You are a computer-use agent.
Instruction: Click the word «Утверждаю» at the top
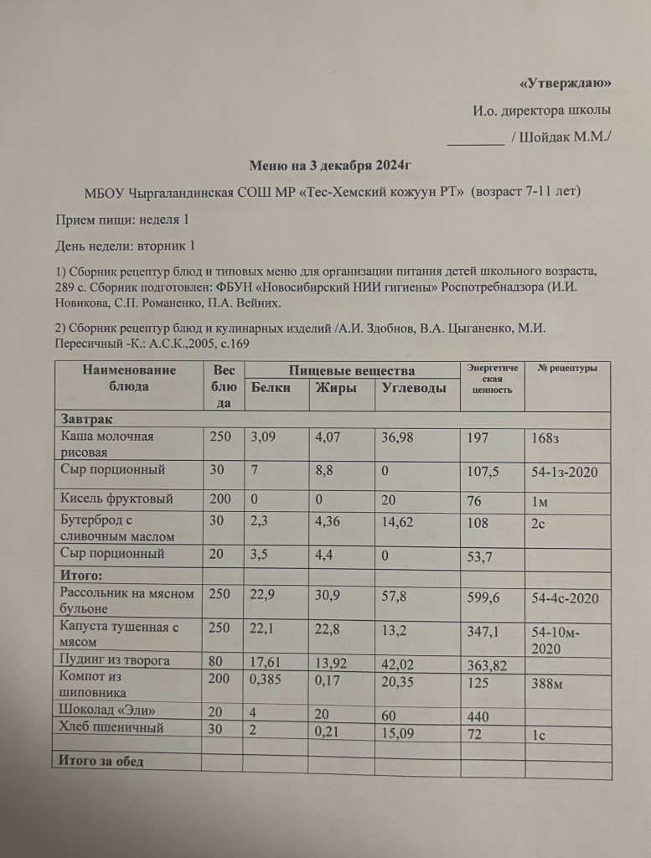click(x=566, y=83)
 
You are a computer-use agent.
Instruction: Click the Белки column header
click(x=271, y=388)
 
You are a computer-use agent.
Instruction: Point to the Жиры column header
click(x=335, y=388)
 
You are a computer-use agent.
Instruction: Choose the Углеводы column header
click(x=414, y=389)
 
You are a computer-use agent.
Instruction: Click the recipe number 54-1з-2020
click(x=564, y=473)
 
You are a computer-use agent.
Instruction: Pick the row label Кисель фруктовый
click(x=117, y=499)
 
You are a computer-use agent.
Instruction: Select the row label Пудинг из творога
click(x=116, y=661)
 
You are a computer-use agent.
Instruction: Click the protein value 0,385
click(x=270, y=678)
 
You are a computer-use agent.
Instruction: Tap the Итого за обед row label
click(x=101, y=761)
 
